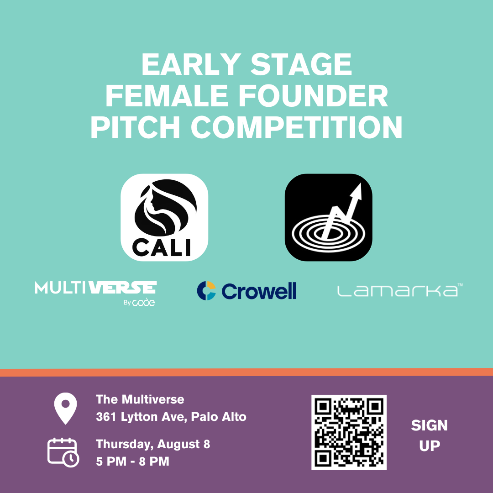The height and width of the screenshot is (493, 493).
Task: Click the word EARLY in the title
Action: click(x=191, y=64)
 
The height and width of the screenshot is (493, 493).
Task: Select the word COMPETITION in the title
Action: click(x=297, y=127)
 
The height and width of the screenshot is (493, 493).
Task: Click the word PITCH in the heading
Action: click(x=135, y=127)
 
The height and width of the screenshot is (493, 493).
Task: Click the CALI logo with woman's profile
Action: click(x=164, y=217)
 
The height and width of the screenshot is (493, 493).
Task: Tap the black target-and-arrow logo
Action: click(x=328, y=217)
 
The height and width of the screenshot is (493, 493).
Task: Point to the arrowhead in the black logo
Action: click(x=357, y=191)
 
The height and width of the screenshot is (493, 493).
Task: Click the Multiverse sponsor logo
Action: click(x=96, y=293)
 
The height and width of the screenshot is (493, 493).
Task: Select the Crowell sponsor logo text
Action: click(x=259, y=291)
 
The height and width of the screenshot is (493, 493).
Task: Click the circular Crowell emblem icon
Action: click(x=206, y=290)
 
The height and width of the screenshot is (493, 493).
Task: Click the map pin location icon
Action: click(x=65, y=408)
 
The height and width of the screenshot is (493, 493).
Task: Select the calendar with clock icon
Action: click(x=63, y=452)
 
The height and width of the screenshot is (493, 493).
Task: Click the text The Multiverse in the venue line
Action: click(x=140, y=399)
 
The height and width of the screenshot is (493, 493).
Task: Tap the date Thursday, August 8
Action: click(x=153, y=445)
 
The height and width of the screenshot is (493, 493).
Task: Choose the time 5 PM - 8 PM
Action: click(x=132, y=461)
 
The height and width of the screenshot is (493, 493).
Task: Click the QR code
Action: click(x=349, y=432)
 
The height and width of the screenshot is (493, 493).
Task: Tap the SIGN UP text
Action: click(x=429, y=435)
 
